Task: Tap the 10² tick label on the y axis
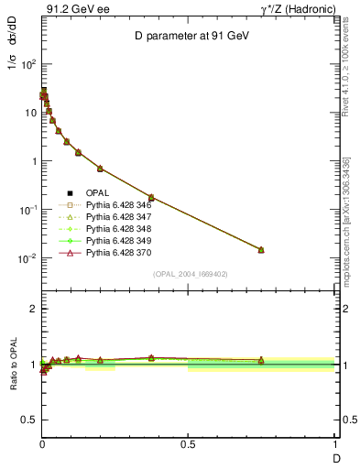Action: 27,65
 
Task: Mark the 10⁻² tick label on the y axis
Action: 27,258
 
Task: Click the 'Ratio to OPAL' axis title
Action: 15,365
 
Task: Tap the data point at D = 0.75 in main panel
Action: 261,249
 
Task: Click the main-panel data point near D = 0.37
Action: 151,197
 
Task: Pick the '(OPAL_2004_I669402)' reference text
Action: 189,274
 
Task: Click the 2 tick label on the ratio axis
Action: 32,309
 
